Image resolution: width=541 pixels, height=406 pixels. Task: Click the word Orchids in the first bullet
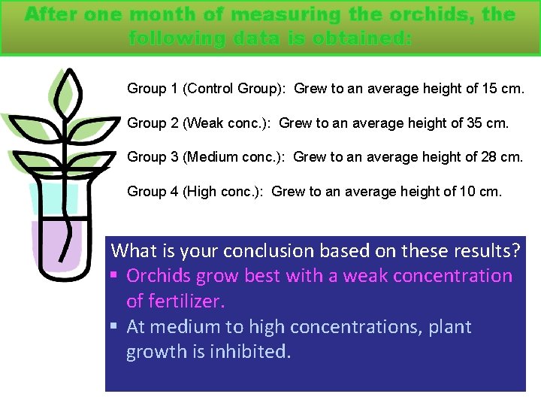pos(159,276)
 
